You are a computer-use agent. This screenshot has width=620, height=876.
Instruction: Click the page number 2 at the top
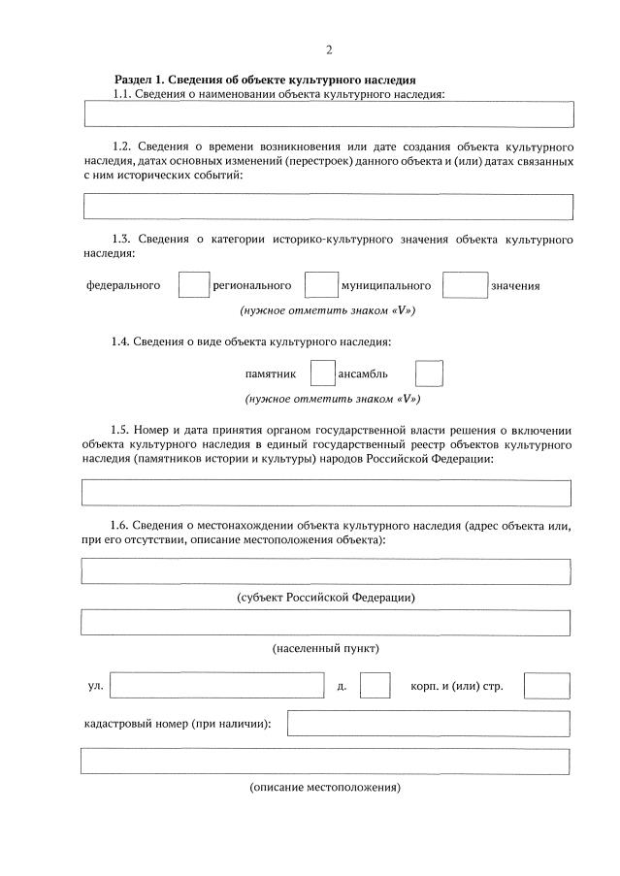point(329,50)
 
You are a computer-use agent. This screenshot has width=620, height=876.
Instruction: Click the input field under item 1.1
point(329,114)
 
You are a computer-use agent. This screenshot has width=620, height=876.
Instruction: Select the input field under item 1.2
point(329,207)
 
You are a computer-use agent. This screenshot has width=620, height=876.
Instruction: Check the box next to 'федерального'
point(195,285)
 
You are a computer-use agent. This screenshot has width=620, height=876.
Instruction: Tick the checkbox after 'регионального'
point(320,285)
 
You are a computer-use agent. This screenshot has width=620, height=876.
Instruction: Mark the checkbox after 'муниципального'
point(465,285)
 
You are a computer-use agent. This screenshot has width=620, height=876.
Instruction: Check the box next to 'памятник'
point(322,373)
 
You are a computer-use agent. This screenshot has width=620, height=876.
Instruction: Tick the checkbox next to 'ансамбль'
point(429,373)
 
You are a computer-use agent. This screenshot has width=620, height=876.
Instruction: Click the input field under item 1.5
point(326,493)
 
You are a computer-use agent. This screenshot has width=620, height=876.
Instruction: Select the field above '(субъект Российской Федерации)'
point(326,571)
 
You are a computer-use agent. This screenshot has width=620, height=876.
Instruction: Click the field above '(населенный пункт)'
point(326,622)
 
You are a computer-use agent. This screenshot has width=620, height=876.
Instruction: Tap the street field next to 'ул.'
point(217,685)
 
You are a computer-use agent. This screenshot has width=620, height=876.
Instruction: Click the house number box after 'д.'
point(375,685)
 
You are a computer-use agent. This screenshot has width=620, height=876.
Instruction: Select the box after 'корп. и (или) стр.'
point(546,685)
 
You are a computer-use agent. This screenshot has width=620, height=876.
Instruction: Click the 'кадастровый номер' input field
point(428,724)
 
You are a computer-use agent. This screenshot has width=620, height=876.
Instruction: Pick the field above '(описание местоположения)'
point(326,762)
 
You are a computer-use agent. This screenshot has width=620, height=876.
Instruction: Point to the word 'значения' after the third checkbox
point(515,286)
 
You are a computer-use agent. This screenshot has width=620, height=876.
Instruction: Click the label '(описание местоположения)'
point(325,787)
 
